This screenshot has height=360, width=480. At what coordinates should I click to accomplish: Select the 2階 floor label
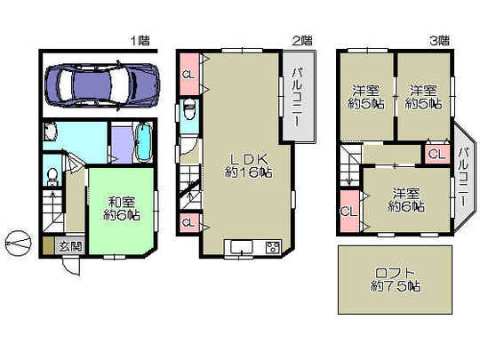(x=302, y=40)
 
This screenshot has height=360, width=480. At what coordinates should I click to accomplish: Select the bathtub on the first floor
(x=143, y=142)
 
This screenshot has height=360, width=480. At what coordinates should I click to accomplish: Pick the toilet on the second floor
(x=189, y=113)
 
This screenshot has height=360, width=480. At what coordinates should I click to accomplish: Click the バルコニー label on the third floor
(x=463, y=174)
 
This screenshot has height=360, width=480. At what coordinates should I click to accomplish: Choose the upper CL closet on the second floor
(x=188, y=75)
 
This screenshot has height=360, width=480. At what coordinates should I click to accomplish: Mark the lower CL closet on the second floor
(x=188, y=222)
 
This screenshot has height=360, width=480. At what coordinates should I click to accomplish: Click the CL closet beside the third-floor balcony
(x=436, y=154)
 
